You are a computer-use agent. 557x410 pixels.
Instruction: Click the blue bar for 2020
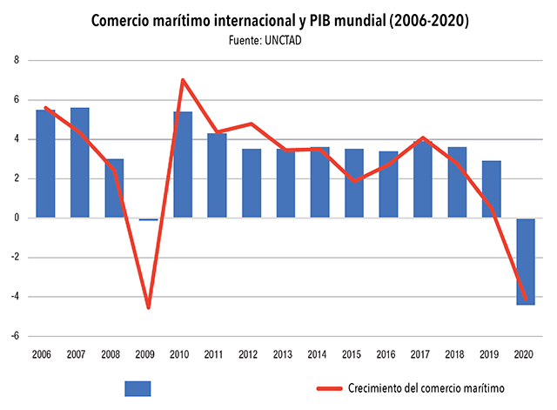pos(525,261)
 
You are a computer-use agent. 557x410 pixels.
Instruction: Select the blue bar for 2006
pos(46,164)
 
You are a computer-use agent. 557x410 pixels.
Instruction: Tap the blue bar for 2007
pos(80,163)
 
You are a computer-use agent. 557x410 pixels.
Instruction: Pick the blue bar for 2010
pos(183,165)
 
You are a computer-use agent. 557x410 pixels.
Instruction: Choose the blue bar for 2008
pos(114,188)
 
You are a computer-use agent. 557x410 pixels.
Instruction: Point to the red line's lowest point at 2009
pos(148,307)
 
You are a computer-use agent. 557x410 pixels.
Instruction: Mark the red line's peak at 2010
pos(183,80)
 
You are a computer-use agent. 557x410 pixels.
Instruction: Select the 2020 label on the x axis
pos(525,354)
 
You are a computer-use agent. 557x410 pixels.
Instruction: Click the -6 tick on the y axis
pos(15,336)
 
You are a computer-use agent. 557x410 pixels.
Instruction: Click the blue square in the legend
pos(138,388)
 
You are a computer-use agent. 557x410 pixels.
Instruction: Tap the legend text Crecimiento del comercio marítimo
pos(426,388)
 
